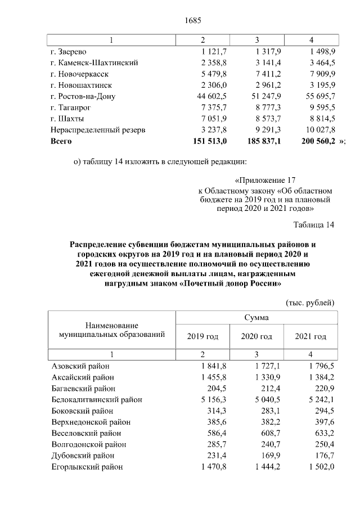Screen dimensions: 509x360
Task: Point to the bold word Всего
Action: click(61, 141)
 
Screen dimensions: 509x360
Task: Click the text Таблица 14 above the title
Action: click(314, 226)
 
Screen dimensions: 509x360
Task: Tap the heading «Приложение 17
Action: click(264, 181)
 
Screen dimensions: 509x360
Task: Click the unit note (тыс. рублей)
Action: click(310, 302)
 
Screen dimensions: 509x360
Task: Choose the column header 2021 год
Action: click(310, 336)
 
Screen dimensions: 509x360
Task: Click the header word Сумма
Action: click(256, 318)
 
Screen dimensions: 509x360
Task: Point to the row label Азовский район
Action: click(79, 366)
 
